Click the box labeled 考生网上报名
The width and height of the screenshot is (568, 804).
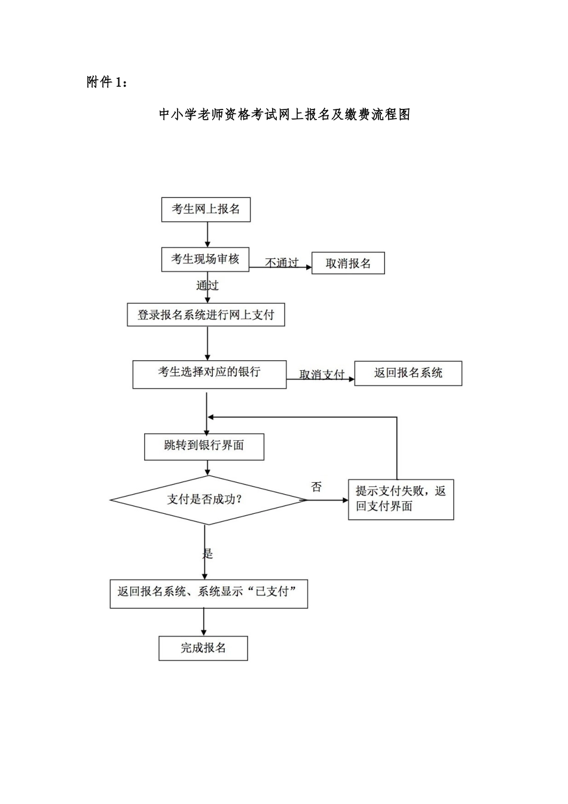click(206, 209)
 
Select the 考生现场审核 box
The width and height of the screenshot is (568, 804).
click(205, 259)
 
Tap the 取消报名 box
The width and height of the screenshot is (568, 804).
click(348, 263)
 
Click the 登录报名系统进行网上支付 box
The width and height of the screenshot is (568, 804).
click(206, 315)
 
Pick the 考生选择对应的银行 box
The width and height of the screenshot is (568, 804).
click(209, 374)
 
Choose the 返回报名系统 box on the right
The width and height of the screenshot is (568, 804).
click(408, 373)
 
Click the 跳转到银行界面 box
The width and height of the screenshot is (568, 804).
click(204, 446)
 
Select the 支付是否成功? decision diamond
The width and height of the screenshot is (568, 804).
click(207, 500)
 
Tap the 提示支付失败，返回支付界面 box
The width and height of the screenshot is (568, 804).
click(401, 499)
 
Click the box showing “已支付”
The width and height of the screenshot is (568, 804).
click(209, 592)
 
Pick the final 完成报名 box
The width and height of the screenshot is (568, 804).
click(203, 648)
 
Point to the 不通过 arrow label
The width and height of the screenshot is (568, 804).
click(282, 263)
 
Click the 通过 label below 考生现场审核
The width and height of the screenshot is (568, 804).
click(207, 285)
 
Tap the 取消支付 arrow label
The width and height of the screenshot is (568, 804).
click(322, 374)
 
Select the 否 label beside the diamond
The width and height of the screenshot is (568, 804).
click(316, 487)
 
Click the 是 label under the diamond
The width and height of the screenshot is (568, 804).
click(207, 553)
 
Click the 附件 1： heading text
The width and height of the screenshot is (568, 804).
click(107, 83)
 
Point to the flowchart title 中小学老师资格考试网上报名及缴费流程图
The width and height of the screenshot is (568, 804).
click(284, 115)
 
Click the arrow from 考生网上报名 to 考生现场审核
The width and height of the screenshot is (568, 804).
click(207, 234)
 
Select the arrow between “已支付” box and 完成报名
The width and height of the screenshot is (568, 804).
click(204, 622)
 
